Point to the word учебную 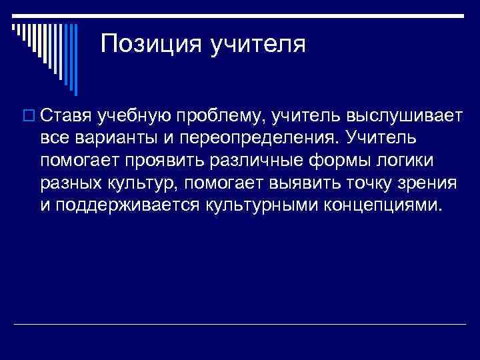133,117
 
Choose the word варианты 115,138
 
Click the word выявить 297,182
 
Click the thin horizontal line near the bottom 240,325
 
